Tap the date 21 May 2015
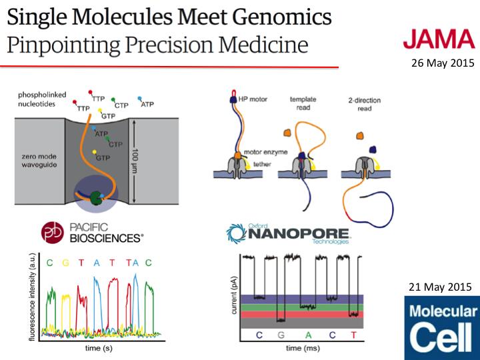tap(442, 287)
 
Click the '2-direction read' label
tap(365, 104)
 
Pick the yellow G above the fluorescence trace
tap(65, 263)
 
